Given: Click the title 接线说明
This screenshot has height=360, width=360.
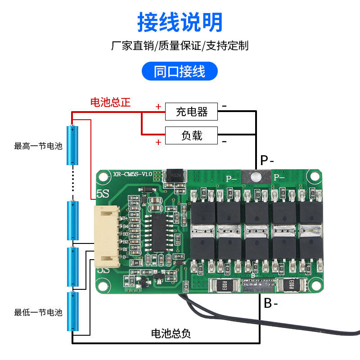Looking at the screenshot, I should tap(180, 21).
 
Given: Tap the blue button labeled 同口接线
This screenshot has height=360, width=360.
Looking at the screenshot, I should tap(180, 72).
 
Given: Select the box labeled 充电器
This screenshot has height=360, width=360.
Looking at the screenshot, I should tap(191, 112).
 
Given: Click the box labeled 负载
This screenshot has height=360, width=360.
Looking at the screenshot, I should tap(191, 135).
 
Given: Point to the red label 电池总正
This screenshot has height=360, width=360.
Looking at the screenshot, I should tap(110, 103).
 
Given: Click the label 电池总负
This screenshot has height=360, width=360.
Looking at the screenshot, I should tap(171, 333).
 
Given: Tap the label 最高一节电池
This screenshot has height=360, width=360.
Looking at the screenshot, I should tap(38, 146).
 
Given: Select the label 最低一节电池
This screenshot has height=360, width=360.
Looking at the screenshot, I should tap(38, 312).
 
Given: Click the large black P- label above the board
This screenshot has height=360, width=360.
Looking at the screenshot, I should tap(267, 160).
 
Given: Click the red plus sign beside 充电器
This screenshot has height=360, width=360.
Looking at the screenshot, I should tap(158, 107).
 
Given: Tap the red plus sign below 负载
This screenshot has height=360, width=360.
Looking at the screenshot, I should tap(158, 143).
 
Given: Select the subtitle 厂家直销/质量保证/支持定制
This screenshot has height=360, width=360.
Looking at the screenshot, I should tap(180, 46).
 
